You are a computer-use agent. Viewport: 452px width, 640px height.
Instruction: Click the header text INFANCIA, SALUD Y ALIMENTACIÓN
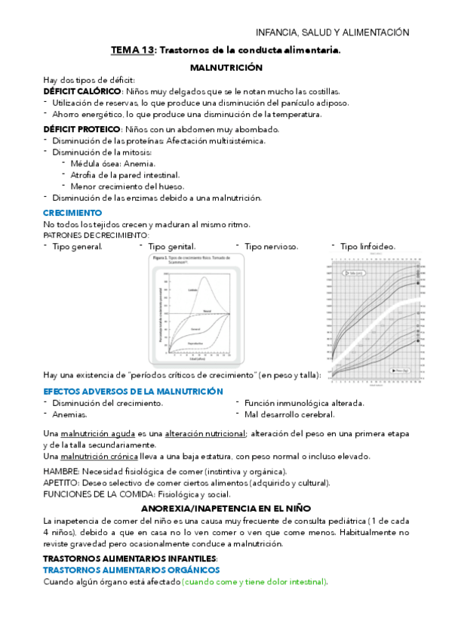tap(333, 32)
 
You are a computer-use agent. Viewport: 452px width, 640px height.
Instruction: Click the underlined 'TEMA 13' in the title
tap(132, 50)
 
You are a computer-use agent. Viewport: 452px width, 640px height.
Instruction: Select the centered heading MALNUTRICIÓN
tap(226, 67)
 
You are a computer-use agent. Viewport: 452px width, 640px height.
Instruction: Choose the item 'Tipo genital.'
tap(171, 247)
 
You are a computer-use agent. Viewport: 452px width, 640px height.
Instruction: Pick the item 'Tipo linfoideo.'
tap(367, 247)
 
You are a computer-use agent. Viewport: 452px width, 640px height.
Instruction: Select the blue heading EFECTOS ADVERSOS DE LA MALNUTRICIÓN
tap(133, 391)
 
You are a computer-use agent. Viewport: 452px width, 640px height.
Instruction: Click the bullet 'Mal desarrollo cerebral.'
tap(290, 414)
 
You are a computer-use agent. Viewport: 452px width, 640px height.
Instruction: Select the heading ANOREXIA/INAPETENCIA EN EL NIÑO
tap(226, 509)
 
